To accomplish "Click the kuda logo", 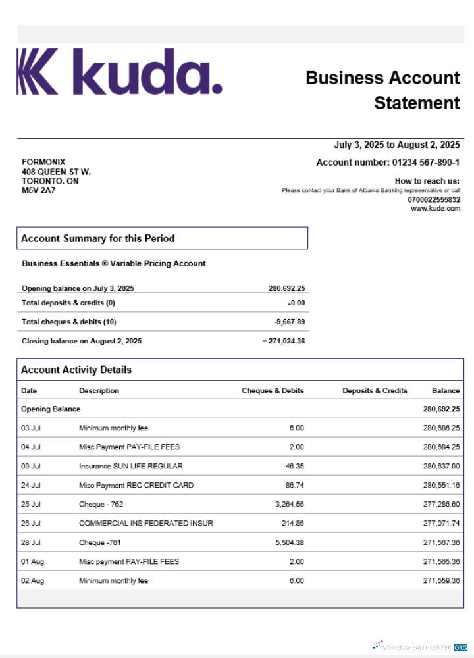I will tap(119, 71).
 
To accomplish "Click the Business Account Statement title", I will tap(382, 90).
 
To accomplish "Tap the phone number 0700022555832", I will tap(434, 199).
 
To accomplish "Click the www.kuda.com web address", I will tap(435, 209).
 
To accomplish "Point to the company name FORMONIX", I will tap(43, 162).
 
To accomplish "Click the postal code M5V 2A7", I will tap(38, 191).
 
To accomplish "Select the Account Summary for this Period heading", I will tap(97, 238).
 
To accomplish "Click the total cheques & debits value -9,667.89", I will tap(290, 322).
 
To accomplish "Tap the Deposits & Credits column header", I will tap(375, 390).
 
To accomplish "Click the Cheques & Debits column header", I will tap(273, 390).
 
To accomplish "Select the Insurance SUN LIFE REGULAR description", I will tap(131, 466).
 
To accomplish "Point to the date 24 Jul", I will tap(31, 485).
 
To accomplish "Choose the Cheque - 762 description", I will tap(101, 504).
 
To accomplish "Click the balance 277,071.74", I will tap(441, 523).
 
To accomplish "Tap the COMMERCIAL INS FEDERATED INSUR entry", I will tap(145, 523).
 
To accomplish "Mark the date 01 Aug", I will tap(32, 561).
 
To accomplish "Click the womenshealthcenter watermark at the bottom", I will tap(419, 647).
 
